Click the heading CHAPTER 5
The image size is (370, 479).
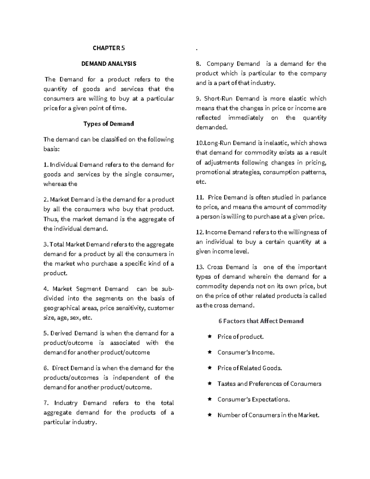tap(109, 48)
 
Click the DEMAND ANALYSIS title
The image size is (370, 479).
tap(109, 64)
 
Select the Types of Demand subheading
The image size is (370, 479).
tap(109, 124)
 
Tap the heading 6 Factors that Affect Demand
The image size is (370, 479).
tap(261, 321)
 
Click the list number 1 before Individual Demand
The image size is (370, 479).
tap(46, 165)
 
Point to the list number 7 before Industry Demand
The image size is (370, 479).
tap(46, 403)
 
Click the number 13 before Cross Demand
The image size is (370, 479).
tap(199, 267)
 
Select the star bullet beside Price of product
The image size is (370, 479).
tap(210, 337)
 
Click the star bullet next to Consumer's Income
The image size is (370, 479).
tap(210, 352)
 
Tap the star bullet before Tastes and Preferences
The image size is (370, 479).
tap(210, 384)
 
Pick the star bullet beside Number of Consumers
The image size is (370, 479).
tap(210, 415)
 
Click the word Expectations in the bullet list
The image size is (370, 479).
tap(270, 399)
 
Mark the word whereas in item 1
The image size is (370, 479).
tap(55, 184)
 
